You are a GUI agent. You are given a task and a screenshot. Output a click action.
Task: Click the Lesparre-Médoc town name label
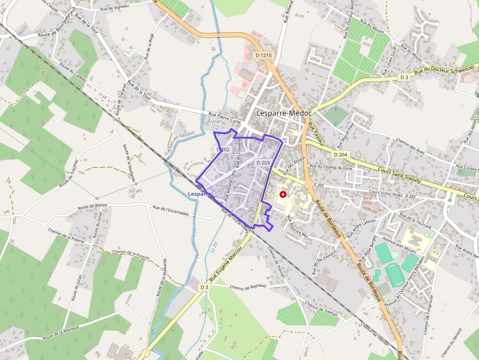[x=284, y=113]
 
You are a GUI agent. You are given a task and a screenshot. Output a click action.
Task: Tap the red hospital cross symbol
[x=283, y=194]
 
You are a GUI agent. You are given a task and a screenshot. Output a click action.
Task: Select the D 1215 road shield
[x=263, y=55]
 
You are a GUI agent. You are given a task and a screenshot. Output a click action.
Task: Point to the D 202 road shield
[x=222, y=149]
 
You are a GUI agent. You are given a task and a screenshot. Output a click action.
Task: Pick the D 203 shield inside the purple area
[x=262, y=163]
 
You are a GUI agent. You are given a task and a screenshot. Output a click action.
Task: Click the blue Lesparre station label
[x=198, y=194]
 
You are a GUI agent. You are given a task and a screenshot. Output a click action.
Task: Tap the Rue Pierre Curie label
[x=226, y=115]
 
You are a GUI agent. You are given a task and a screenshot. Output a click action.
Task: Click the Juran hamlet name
[x=135, y=191]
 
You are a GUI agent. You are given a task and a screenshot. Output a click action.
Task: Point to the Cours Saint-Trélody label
[x=399, y=174]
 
